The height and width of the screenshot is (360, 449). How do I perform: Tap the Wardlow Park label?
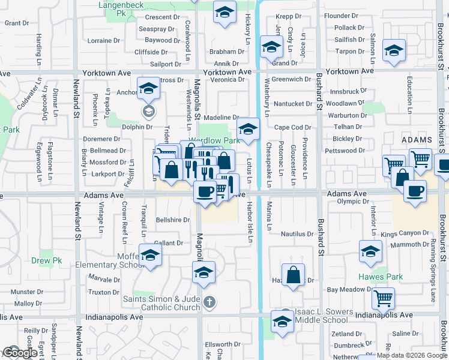coord(215,141)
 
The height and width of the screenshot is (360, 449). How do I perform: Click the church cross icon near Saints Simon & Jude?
coord(209,301)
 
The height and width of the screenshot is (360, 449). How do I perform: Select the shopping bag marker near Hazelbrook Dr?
coord(293,275)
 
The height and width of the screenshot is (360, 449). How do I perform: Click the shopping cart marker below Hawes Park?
coord(383,297)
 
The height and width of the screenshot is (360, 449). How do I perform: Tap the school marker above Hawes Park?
coord(371,252)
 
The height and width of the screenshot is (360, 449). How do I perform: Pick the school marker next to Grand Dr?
coord(271,47)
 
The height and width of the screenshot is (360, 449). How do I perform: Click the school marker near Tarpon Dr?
coord(394,51)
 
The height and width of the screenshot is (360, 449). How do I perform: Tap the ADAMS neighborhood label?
coord(416,139)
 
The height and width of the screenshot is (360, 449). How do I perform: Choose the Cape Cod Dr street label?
coord(293,127)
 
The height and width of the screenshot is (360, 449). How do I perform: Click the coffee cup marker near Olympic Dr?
coord(415,191)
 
